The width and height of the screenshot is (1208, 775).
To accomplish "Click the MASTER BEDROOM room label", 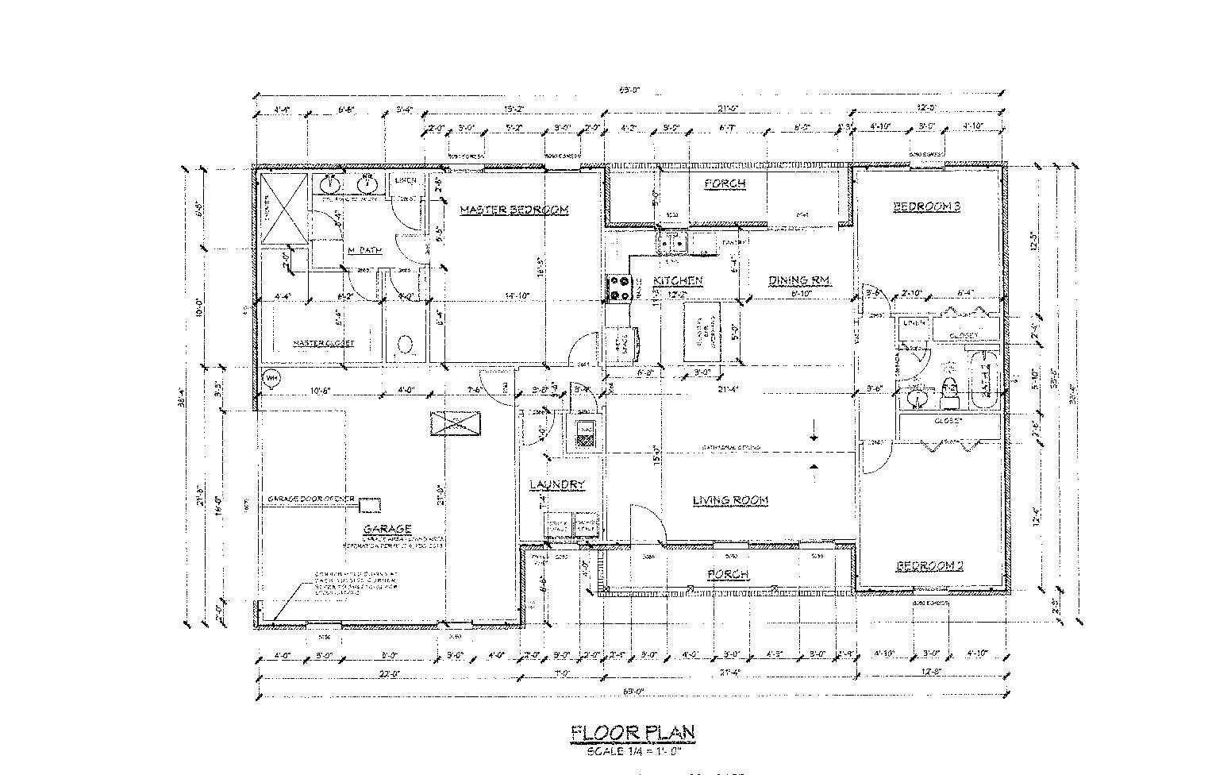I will (514, 210).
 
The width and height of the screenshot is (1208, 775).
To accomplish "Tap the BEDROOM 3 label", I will (927, 206).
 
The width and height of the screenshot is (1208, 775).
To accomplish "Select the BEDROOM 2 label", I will (929, 565).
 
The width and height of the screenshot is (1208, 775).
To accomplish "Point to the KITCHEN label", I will (678, 281).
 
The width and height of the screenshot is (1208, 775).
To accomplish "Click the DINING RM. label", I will (798, 280).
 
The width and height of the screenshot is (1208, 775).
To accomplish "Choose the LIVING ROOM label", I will (730, 500).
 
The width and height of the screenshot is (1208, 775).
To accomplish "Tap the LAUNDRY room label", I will (557, 484).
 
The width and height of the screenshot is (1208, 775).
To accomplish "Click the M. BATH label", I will (365, 250).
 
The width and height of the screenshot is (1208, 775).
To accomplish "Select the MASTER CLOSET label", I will (324, 343).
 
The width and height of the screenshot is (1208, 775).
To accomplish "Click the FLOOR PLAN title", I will (633, 732).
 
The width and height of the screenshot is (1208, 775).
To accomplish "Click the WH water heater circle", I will (271, 378).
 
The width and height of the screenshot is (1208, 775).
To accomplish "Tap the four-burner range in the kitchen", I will (619, 287).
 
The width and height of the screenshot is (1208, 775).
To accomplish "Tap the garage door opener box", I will (370, 504).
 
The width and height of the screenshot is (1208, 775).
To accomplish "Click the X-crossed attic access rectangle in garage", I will (456, 423).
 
